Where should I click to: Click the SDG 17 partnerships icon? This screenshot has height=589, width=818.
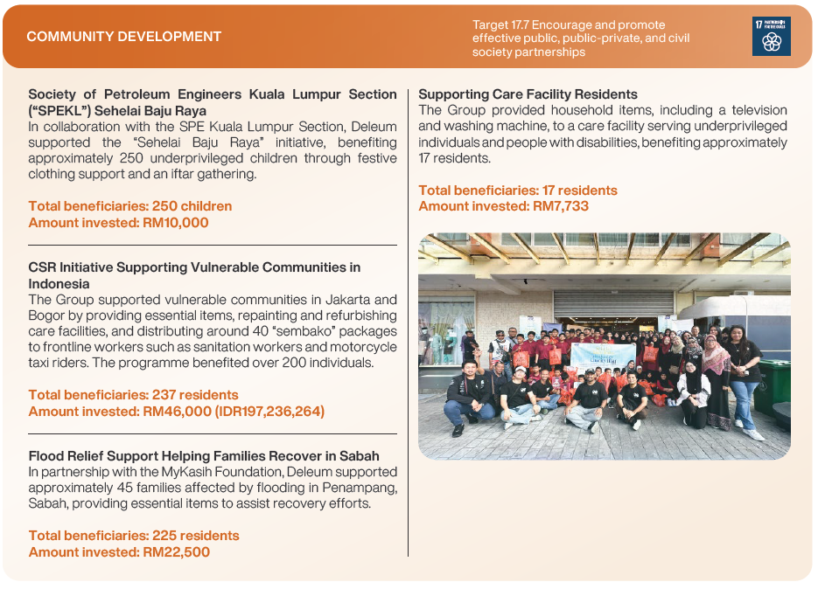coord(771,36)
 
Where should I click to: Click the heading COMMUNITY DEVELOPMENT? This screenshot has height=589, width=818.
coord(124,37)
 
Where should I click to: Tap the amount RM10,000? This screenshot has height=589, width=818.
coord(175,223)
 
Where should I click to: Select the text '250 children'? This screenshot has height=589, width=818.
coord(192,206)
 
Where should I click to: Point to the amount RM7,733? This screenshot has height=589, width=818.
coord(560,206)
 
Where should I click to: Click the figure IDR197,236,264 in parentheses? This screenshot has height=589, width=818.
coord(269,412)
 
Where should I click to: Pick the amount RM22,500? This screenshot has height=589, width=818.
coord(177,552)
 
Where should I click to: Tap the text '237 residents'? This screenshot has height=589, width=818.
coord(195,395)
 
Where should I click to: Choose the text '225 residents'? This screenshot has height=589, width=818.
coord(196,536)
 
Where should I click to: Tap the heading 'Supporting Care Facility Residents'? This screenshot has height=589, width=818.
coord(528,94)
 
